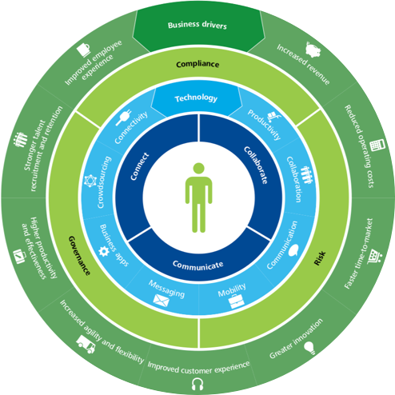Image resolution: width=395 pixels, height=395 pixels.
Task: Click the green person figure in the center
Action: coord(198,197)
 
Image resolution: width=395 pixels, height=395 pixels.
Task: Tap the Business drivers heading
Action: coord(197,25)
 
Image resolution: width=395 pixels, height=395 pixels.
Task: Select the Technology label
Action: coord(196,98)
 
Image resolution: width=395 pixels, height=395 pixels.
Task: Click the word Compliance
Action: coord(197,64)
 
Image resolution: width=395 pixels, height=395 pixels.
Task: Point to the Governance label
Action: coord(79,255)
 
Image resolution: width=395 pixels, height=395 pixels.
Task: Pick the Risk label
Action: coord(320,258)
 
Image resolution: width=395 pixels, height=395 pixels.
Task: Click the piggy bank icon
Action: coord(313,50)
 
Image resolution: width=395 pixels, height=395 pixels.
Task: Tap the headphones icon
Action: coord(197,384)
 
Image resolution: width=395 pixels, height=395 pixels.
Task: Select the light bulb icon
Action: coord(310,348)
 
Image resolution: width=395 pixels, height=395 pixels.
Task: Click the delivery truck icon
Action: coord(86,344)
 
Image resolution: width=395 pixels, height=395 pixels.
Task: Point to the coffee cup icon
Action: coord(84,50)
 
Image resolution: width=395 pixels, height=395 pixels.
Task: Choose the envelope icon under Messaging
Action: coord(162,301)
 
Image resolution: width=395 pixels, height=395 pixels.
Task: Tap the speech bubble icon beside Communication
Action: coord(293,250)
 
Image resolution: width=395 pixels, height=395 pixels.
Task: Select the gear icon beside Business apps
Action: coord(104,251)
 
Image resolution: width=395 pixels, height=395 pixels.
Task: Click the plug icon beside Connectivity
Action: coord(123,118)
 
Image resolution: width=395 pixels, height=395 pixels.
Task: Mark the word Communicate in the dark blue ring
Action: coord(197,265)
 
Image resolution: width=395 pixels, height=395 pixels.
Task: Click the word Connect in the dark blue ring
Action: coord(140,166)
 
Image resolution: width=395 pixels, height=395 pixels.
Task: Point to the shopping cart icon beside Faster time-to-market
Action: coord(375,257)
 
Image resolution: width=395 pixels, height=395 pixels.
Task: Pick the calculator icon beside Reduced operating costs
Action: coord(377,146)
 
